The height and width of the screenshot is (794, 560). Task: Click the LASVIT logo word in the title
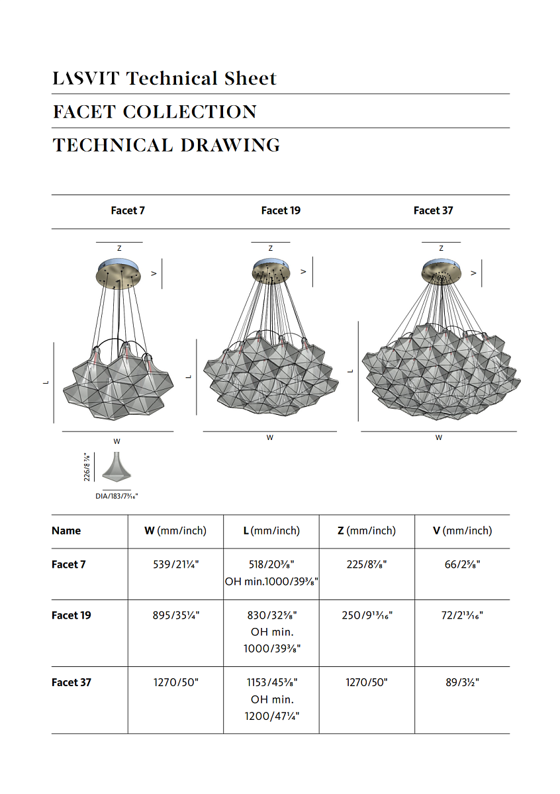(x=86, y=79)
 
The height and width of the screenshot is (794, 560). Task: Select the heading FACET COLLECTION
(x=154, y=112)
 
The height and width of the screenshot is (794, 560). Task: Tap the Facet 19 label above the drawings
(x=281, y=210)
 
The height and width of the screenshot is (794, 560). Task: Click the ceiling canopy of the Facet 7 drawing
(x=119, y=273)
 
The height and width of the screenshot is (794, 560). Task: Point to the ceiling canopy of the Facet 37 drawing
(x=442, y=270)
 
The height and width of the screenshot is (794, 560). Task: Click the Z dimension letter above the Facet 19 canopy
(x=271, y=248)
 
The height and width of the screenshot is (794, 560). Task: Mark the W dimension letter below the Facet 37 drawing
(x=439, y=437)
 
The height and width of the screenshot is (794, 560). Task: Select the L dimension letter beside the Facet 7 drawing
(x=46, y=382)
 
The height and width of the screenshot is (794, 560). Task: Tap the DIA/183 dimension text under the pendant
(x=117, y=495)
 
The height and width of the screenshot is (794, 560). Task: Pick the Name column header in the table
(x=66, y=531)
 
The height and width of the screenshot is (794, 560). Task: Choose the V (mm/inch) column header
(x=462, y=531)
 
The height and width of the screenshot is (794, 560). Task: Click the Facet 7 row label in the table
(x=69, y=564)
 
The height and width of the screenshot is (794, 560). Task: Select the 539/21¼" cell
(x=175, y=564)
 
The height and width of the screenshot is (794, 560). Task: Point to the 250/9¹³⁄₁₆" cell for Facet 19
(x=367, y=615)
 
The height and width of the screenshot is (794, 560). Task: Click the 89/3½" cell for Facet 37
(x=462, y=682)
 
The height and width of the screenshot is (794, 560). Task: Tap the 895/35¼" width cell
(x=175, y=615)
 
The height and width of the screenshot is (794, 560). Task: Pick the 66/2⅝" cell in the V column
(x=462, y=564)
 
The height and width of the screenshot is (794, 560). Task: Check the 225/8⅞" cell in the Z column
(x=367, y=564)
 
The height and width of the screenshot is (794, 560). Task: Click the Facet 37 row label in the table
(x=71, y=682)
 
